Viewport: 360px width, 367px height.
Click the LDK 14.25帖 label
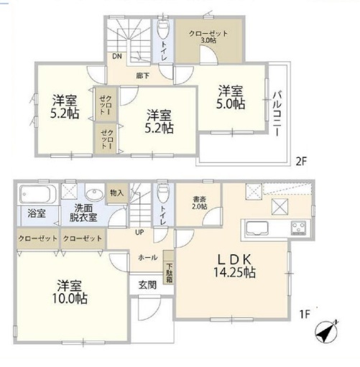(234, 266)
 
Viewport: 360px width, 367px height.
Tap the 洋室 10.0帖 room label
(70, 292)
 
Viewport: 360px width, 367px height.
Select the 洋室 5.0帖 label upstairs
(231, 98)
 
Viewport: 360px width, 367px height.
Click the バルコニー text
(277, 113)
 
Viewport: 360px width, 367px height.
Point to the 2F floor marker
(301, 162)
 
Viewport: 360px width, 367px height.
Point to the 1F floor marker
(305, 315)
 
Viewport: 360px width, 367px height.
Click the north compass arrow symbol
(326, 332)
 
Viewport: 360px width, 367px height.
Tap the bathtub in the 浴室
(38, 194)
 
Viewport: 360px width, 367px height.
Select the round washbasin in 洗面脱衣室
(94, 195)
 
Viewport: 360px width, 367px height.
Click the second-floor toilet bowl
(163, 29)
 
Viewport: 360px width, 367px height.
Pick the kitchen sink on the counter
(257, 228)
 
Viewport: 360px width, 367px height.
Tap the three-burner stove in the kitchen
(298, 228)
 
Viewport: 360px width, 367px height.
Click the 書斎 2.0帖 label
(199, 203)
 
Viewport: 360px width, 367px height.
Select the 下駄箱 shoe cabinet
(169, 267)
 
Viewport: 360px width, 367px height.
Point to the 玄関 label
(147, 285)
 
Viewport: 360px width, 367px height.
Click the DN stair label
(117, 56)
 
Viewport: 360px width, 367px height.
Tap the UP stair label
(139, 232)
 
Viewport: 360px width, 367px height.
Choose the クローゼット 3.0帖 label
(208, 37)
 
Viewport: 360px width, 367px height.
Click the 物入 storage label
(117, 192)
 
